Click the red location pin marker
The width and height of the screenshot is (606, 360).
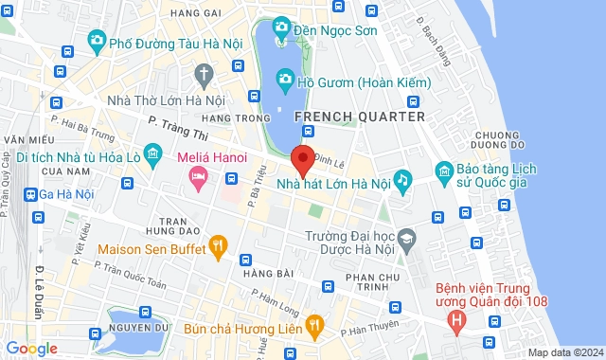tap(303, 161)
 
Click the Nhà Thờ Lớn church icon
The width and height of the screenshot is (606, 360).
tap(204, 73)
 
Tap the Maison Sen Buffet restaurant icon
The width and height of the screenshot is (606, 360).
tap(218, 249)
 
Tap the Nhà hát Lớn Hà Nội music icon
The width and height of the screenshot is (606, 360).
tap(402, 179)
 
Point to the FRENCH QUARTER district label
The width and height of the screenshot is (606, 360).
tap(360, 117)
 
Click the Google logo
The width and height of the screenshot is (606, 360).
tap(31, 348)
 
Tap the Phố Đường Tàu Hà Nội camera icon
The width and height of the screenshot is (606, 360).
tap(95, 41)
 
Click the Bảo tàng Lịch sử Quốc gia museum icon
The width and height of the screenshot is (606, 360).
tap(444, 171)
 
